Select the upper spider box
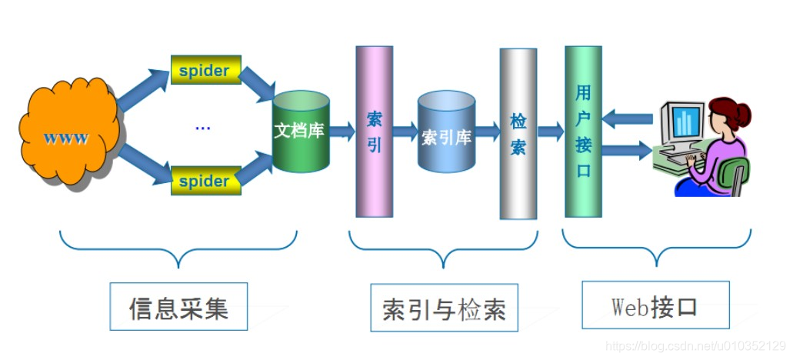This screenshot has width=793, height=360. (205, 70)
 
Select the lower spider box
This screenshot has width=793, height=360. (205, 181)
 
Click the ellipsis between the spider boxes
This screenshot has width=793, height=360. (203, 125)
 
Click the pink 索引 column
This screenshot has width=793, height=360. (374, 132)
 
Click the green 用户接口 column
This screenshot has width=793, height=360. (583, 131)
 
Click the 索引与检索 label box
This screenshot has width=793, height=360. (445, 308)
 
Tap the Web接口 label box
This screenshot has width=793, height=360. (655, 305)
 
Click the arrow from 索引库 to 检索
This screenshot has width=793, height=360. (488, 132)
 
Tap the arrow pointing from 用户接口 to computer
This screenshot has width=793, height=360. (626, 149)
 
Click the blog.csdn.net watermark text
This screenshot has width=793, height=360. (695, 346)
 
